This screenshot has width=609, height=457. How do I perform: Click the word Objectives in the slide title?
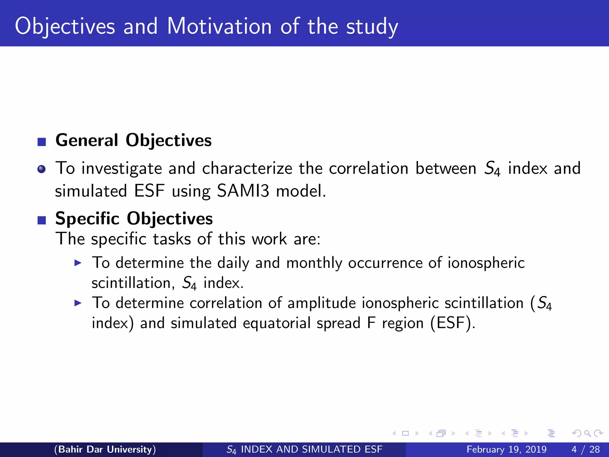coord(65,27)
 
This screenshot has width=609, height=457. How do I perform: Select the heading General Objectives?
coord(134,140)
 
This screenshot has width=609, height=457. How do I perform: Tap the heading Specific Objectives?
coord(134,218)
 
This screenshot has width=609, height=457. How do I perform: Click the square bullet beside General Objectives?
coord(42,142)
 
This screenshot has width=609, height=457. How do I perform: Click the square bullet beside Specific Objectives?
coord(42,220)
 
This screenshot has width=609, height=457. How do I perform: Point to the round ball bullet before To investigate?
coord(42,169)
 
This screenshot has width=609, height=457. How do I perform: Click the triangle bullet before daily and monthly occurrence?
coord(78,263)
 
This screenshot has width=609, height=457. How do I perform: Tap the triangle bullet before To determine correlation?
coord(78,303)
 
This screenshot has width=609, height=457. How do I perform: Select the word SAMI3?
coord(243,191)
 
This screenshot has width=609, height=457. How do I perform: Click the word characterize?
coord(247,168)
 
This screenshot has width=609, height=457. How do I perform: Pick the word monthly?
coord(314,263)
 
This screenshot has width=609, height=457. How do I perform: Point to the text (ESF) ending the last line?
coord(452,323)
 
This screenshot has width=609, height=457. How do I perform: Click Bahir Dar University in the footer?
coord(105,449)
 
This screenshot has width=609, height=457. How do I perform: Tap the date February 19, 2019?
coord(506,449)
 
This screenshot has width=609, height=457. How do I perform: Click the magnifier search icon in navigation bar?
coord(587,433)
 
